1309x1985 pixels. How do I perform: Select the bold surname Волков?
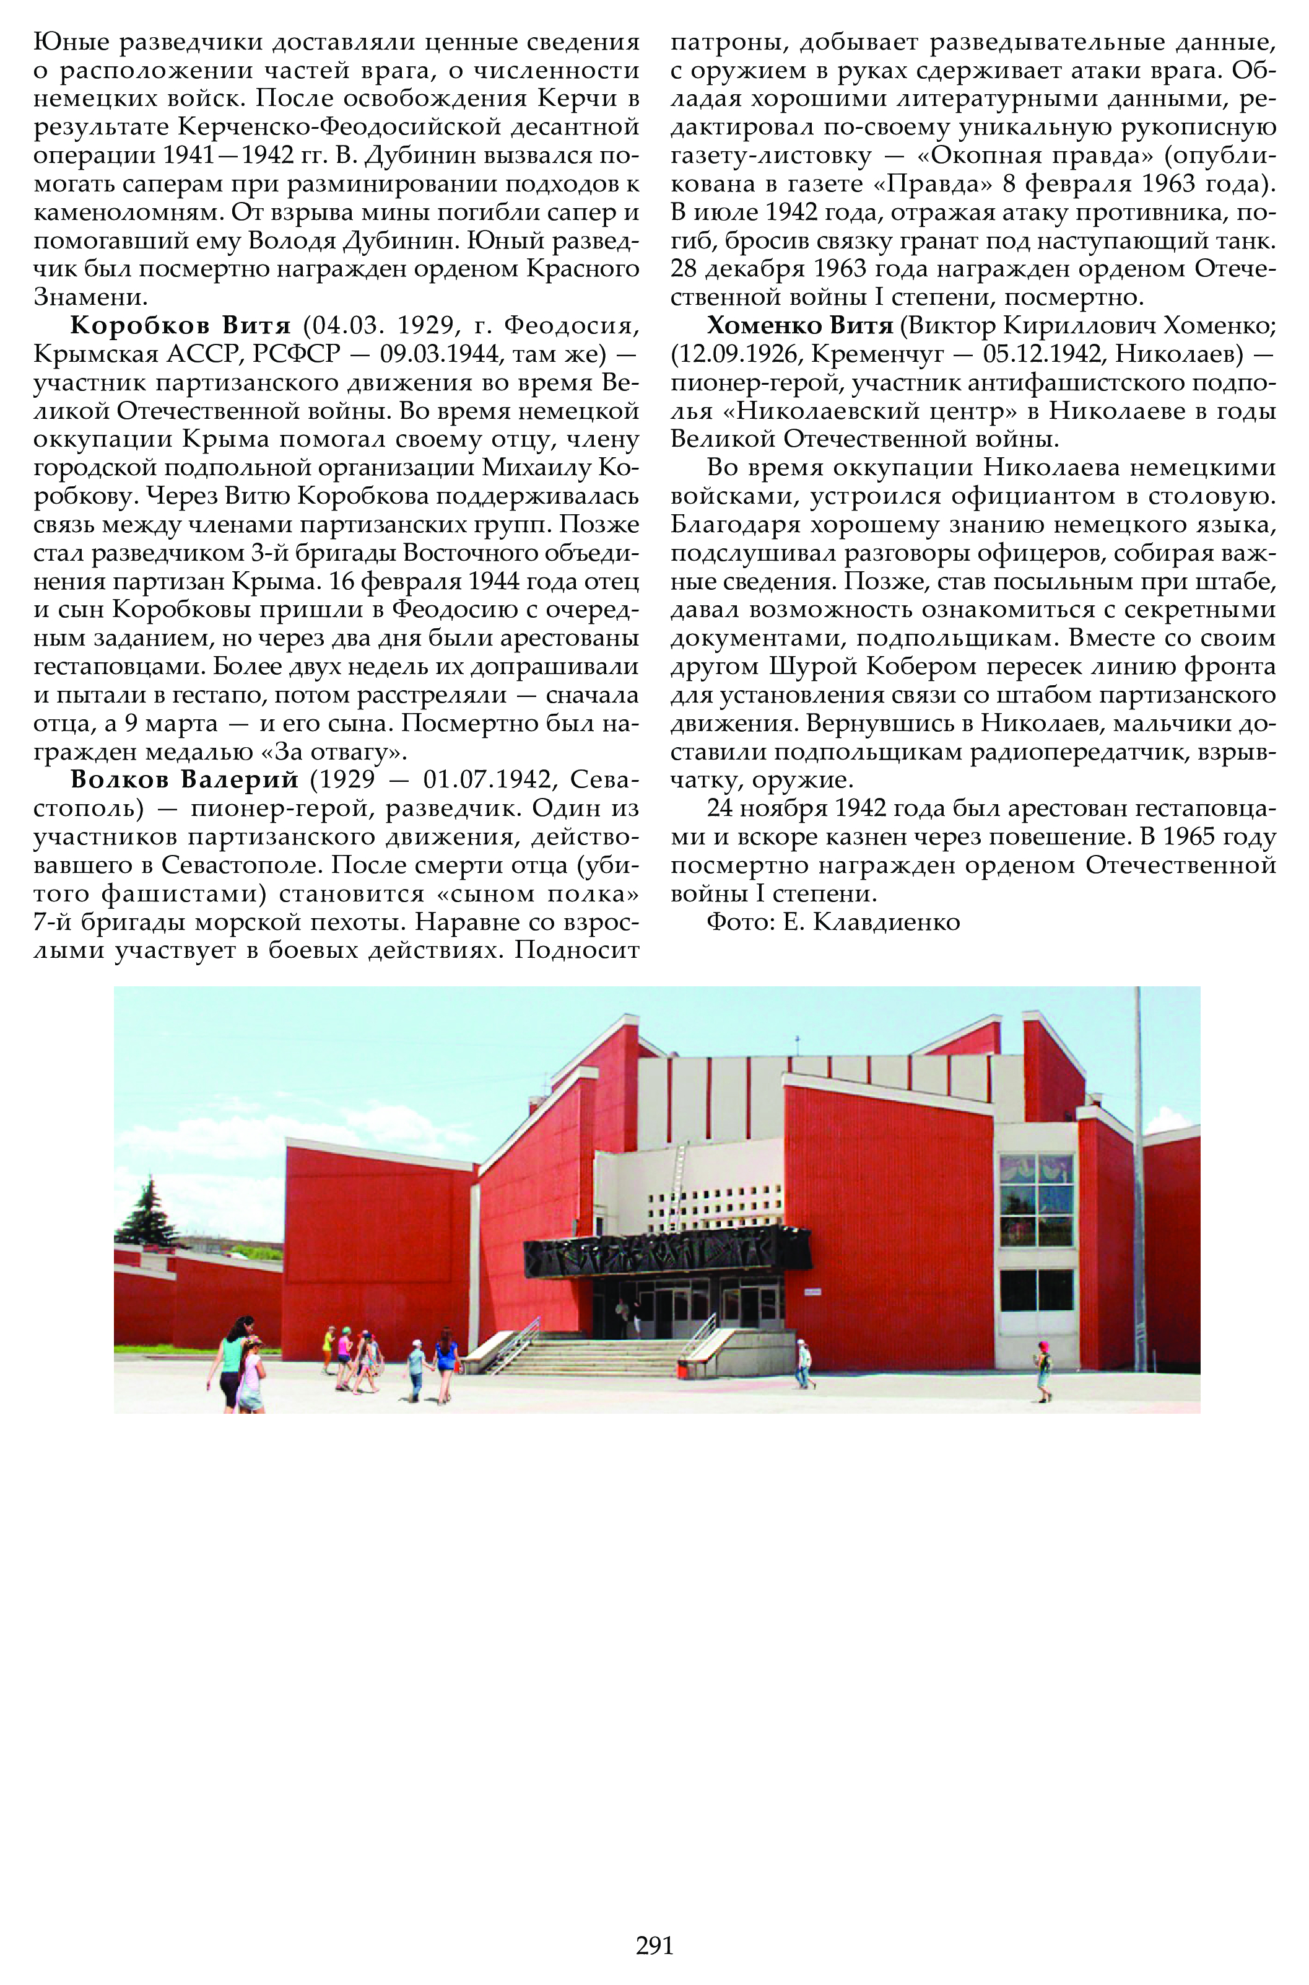[121, 779]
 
